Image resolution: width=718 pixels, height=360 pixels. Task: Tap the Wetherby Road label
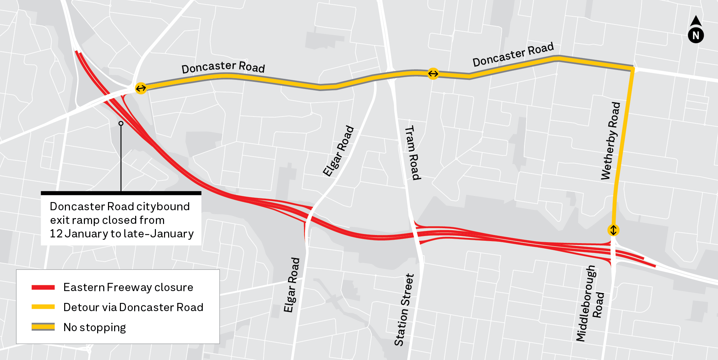click(611, 141)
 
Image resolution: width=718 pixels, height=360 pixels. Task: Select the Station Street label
click(404, 310)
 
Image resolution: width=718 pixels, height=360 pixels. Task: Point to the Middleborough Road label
click(590, 303)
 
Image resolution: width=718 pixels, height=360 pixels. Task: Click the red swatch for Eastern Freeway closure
click(43, 287)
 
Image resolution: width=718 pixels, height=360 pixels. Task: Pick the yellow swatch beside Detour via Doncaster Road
click(43, 307)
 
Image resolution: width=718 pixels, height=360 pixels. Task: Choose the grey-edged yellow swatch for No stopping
click(43, 327)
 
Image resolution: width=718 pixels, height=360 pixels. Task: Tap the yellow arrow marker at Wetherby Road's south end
click(613, 230)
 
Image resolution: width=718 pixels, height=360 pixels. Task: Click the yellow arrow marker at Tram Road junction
click(433, 73)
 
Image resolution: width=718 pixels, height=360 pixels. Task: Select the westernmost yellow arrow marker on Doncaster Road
click(141, 88)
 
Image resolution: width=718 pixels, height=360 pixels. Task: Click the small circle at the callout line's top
click(121, 123)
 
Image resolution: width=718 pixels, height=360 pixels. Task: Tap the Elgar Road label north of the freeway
click(338, 151)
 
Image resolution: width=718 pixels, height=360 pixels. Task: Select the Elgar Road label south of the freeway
click(292, 285)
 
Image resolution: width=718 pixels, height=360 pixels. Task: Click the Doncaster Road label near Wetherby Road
click(513, 54)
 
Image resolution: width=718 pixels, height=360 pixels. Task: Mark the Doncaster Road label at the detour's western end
click(223, 67)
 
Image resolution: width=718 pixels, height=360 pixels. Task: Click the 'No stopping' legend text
click(94, 327)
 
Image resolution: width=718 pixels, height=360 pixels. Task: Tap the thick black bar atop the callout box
click(121, 193)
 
